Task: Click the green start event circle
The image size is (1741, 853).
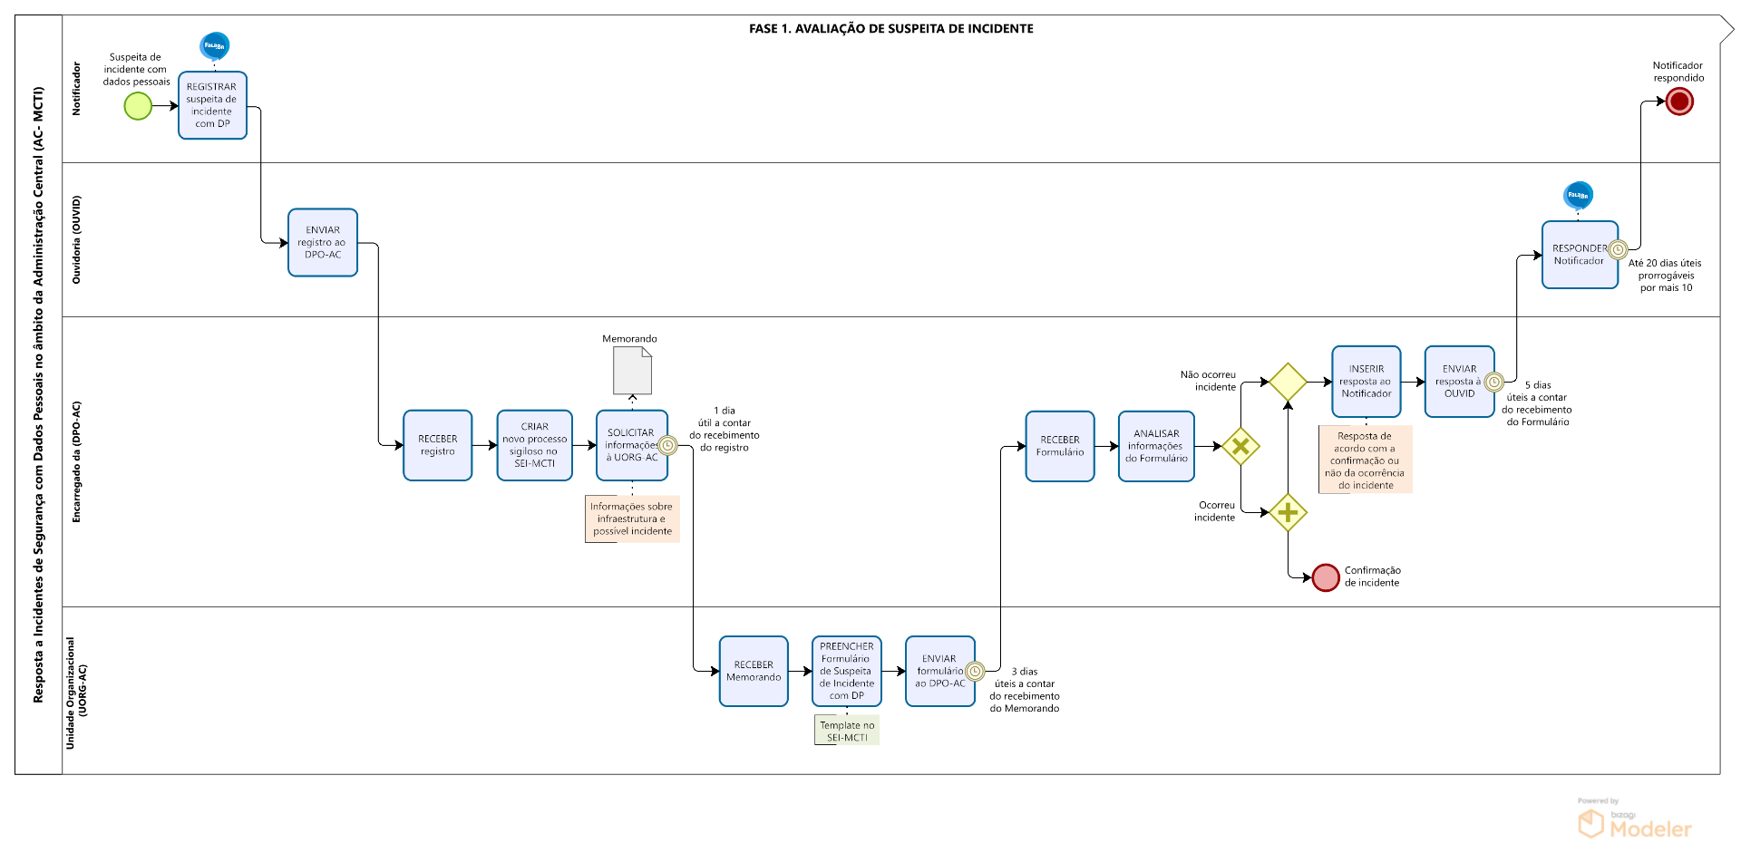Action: coord(138,106)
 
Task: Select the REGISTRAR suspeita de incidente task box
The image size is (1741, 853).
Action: coord(212,105)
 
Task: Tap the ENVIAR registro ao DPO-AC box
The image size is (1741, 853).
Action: coord(323,242)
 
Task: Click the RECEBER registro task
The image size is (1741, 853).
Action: coord(437,445)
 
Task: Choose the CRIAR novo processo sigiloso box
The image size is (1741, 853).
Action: coord(534,445)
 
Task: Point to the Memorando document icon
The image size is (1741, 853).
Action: coord(632,371)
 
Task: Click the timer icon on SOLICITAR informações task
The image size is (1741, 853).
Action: coord(667,445)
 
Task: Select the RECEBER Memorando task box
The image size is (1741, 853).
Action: coord(754,671)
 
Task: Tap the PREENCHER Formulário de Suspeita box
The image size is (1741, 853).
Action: coord(847,671)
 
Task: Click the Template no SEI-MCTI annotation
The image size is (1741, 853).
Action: coord(847,731)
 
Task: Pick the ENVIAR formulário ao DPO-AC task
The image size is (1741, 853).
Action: coord(939,671)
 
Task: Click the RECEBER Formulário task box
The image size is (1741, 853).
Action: coord(1060,446)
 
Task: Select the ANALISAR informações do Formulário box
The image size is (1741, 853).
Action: coord(1156,446)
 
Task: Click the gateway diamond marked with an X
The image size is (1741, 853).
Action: coord(1240,446)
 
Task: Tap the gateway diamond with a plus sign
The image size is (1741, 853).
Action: coord(1288,513)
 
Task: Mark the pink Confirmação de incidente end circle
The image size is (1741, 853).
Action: coord(1326,577)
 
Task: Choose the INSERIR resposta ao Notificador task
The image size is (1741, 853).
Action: coord(1366,381)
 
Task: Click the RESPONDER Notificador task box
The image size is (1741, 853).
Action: coord(1580,255)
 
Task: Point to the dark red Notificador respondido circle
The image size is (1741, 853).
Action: coord(1679,102)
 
